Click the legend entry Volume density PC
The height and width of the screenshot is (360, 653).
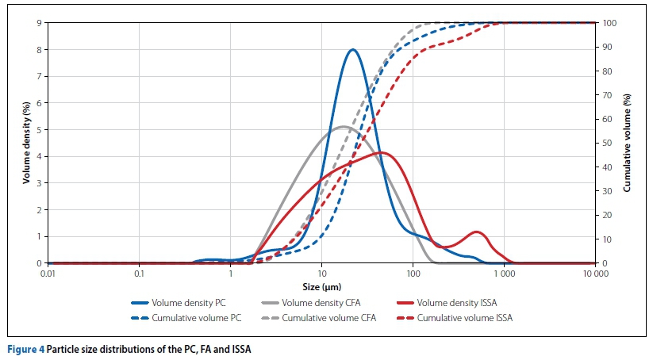pyautogui.click(x=190, y=302)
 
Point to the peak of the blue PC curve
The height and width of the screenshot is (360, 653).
pyautogui.click(x=352, y=50)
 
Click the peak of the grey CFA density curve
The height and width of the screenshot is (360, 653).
pyautogui.click(x=342, y=126)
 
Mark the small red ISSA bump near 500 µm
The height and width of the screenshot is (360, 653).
pyautogui.click(x=477, y=232)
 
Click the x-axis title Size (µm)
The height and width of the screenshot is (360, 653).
pyautogui.click(x=321, y=285)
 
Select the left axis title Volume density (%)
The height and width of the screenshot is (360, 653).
pyautogui.click(x=26, y=143)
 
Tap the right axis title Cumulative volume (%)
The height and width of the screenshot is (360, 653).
pyautogui.click(x=627, y=143)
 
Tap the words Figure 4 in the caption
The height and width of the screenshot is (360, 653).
pyautogui.click(x=26, y=349)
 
